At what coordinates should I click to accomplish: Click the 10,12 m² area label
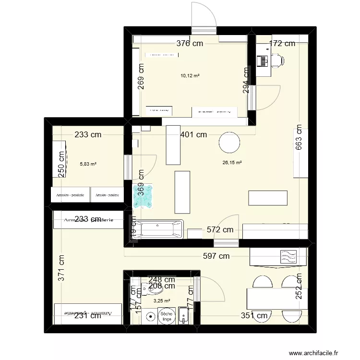(x=190, y=75)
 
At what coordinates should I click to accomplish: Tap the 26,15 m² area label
(x=231, y=163)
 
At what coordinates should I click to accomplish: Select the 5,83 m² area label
(x=88, y=164)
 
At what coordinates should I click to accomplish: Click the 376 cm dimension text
(x=190, y=44)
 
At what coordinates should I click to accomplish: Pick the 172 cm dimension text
(x=282, y=44)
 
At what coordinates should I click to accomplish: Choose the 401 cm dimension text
(x=193, y=135)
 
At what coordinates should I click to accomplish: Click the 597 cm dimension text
(x=216, y=256)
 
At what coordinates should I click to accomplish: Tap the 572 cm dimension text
(x=220, y=230)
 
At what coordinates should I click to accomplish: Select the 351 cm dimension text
(x=254, y=315)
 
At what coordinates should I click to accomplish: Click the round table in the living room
(x=228, y=143)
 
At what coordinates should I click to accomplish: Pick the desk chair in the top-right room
(x=277, y=60)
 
